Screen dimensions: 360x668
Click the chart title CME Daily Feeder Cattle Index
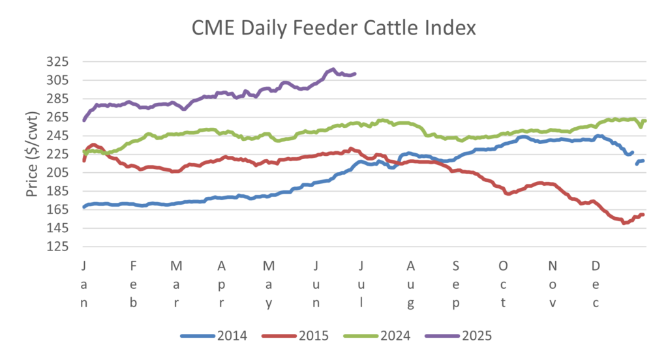pos(334,28)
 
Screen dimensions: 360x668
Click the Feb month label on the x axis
pos(133,284)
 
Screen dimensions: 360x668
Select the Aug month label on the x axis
pos(410,284)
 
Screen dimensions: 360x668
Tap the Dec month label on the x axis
pos(596,284)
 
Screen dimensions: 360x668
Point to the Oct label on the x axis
pos(503,284)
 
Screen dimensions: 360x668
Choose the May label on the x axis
pos(268,284)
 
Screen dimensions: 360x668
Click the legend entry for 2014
pos(215,337)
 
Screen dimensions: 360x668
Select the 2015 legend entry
pos(296,337)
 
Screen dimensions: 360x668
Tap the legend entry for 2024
pos(378,337)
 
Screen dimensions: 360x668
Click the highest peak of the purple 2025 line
pos(333,69)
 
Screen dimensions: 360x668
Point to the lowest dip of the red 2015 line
pos(624,222)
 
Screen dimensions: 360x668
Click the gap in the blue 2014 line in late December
pos(634,157)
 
